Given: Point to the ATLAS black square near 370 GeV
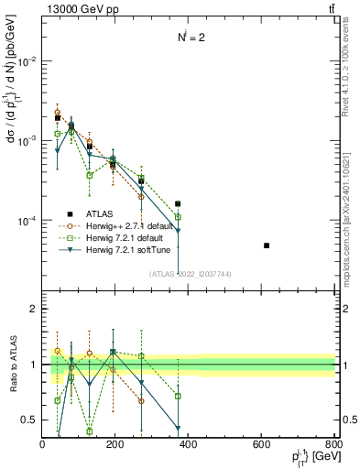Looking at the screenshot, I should [x=178, y=203].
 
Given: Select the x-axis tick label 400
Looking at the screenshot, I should [x=189, y=444].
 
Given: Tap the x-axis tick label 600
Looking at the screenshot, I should [x=262, y=444].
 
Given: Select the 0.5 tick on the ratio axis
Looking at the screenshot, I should [x=31, y=420].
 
